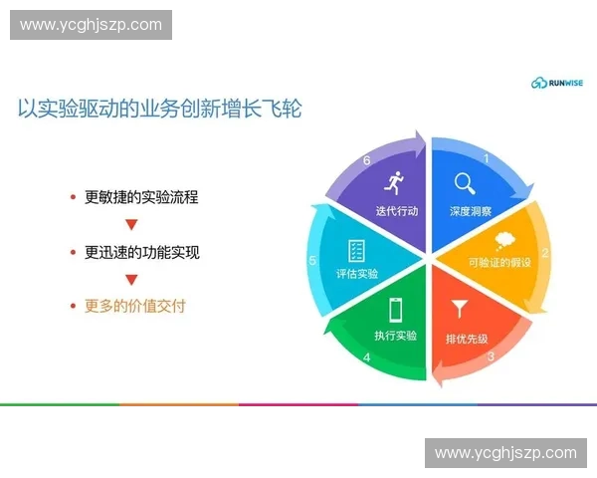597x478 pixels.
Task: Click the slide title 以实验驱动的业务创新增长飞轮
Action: [x=160, y=109]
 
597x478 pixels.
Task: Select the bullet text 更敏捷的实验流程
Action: [x=141, y=197]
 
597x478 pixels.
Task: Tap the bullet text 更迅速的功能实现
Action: [x=141, y=252]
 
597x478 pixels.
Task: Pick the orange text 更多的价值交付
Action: [x=134, y=306]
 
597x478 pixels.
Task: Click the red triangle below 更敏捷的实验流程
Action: [x=130, y=224]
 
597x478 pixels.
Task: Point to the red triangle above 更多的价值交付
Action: [x=130, y=279]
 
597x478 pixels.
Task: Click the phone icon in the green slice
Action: [x=395, y=308]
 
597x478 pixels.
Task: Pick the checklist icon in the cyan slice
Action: [x=356, y=250]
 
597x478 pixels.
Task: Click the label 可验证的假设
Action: [x=500, y=263]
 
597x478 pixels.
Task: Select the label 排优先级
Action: [x=467, y=338]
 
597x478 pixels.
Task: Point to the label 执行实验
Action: [x=395, y=335]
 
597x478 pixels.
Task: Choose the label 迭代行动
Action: [x=397, y=211]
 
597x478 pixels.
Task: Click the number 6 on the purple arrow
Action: [x=367, y=160]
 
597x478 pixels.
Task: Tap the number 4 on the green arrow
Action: [x=367, y=358]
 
